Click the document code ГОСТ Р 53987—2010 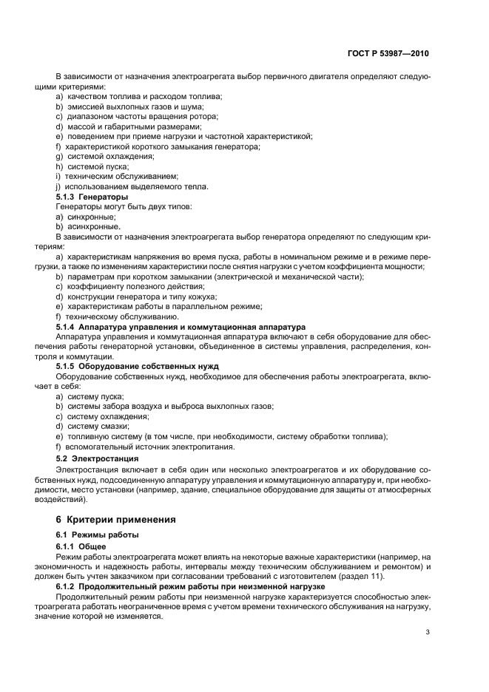(x=388, y=54)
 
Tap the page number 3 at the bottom (x=428, y=631)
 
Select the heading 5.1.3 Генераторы (x=92, y=197)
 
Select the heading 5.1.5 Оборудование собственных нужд (x=135, y=366)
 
